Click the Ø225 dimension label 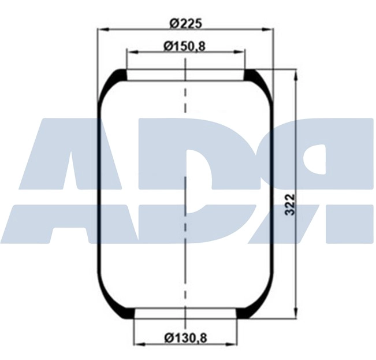pyautogui.click(x=185, y=23)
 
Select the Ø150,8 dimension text pyautogui.click(x=185, y=46)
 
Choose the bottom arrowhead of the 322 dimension pyautogui.click(x=296, y=313)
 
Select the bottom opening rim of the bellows pyautogui.click(x=185, y=314)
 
